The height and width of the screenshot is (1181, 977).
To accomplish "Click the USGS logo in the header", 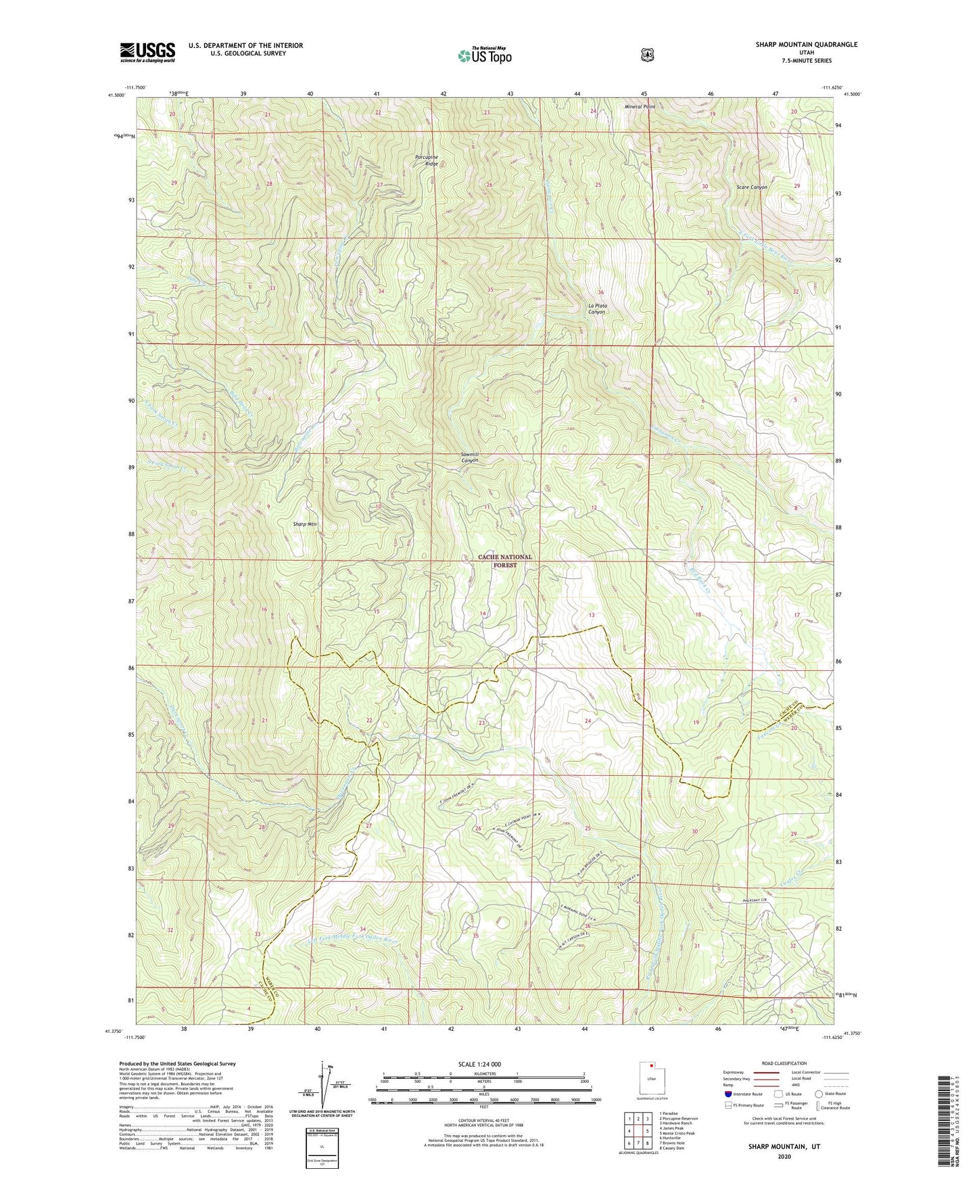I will coord(147,52).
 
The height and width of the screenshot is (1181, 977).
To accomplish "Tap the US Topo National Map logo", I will coord(484,55).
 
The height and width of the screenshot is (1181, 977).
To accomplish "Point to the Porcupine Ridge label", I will coord(427,160).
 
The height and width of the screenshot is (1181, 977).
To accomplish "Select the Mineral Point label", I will coord(640,107).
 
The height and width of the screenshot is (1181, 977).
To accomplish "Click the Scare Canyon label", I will coord(751,187).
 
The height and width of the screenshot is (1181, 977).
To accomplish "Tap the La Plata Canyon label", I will coord(596,308).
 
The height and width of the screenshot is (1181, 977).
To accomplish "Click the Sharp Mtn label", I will coord(305,524).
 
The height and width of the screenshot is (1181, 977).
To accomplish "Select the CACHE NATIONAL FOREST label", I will coord(505,561).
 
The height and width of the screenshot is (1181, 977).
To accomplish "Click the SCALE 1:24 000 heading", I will coord(479,1064).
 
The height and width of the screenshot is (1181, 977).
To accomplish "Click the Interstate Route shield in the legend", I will coord(728,1094).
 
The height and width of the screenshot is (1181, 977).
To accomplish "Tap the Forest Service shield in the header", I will coord(647,55).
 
